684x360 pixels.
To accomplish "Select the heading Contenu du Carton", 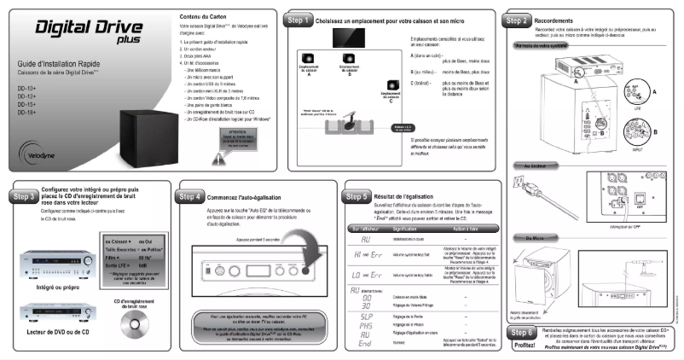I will pos(204,17).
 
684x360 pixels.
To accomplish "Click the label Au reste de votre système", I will pos(543,46).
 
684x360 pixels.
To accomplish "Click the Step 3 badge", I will pos(19,195).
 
